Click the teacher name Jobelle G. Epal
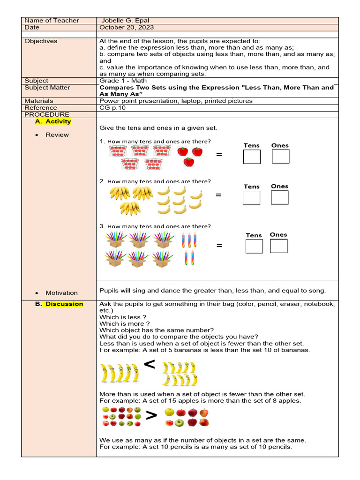point(126,21)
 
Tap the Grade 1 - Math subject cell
point(123,81)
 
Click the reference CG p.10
point(112,108)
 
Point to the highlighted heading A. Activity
point(53,121)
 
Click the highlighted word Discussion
point(64,304)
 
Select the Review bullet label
point(57,135)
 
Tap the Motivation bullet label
point(61,293)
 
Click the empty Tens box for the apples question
point(252,157)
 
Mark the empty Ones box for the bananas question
point(279,198)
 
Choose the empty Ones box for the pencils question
point(278,246)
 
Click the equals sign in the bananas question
point(218,195)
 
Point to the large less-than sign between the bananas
point(149,365)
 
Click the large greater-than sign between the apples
point(151,416)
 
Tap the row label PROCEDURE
point(47,114)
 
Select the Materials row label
point(39,101)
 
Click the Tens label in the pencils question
point(254,235)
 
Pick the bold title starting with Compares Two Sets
point(216,90)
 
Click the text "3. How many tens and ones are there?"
point(155,226)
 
